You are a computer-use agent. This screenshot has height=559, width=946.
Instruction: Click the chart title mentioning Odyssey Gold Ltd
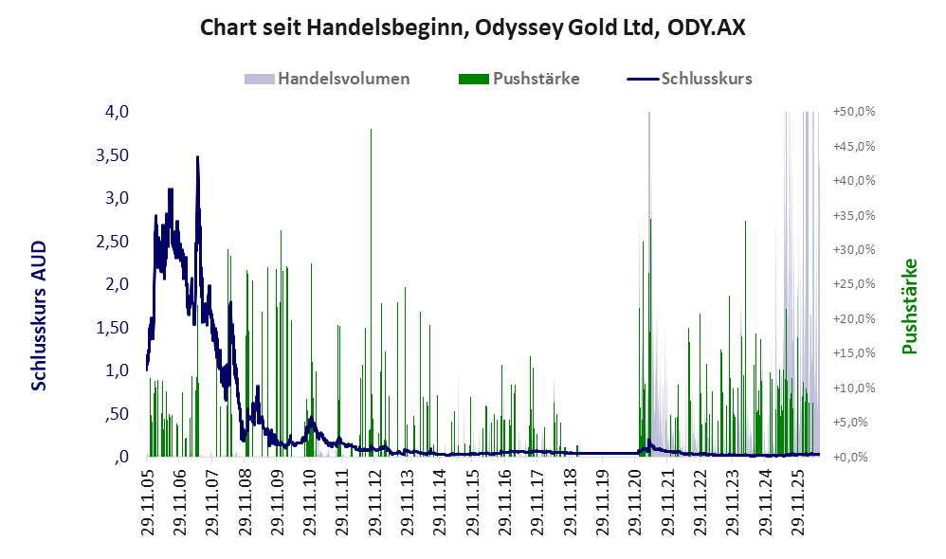coord(472,27)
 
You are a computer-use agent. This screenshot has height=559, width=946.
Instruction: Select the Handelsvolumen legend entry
coord(327,79)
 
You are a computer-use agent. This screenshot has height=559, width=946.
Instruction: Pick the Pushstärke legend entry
coord(518,79)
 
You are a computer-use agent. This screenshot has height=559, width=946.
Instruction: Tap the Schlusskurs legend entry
coord(689,79)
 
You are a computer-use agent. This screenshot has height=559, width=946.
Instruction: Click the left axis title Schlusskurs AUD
coord(39,316)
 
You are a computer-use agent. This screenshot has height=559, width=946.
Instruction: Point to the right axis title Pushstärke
coord(909,306)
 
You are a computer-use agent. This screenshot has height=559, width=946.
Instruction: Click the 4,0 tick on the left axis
coord(117,112)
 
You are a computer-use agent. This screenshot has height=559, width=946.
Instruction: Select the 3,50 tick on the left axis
coord(113,155)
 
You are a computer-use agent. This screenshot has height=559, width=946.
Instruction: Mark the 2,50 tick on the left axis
coord(113,242)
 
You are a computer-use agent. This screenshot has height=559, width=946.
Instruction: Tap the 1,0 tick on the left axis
coord(117,370)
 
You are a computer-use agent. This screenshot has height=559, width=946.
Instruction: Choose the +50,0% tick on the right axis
coord(854,112)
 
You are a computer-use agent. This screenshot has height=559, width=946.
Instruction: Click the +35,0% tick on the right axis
coord(854,215)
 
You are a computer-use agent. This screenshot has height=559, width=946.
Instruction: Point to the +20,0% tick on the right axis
coord(854,318)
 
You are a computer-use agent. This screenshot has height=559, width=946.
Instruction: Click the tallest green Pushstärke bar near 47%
coord(371,293)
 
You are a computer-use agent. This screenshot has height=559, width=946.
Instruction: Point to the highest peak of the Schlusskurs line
coord(197,157)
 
